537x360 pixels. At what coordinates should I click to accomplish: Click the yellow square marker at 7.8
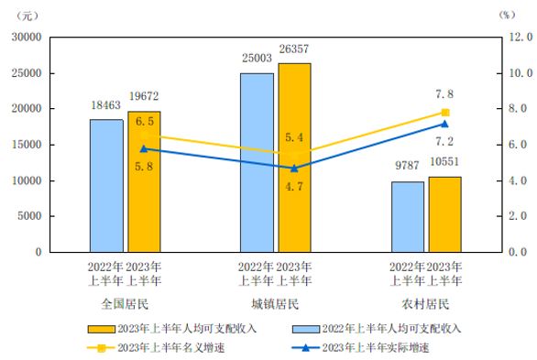click(x=445, y=113)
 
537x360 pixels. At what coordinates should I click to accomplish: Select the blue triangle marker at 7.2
click(x=445, y=124)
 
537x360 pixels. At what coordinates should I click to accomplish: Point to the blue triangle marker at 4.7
click(x=294, y=168)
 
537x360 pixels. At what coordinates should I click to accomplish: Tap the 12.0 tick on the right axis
click(x=520, y=38)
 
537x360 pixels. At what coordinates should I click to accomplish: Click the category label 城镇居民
click(x=275, y=303)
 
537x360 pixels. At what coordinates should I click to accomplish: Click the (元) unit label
click(x=33, y=14)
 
